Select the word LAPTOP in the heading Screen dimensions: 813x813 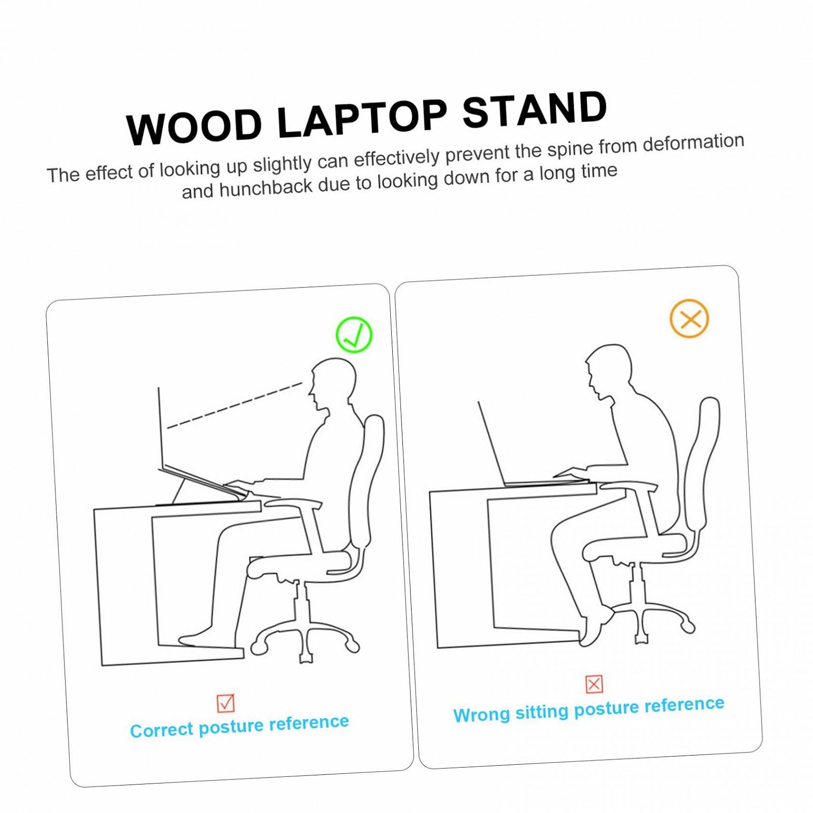coord(362,118)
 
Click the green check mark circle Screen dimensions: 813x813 coord(354,335)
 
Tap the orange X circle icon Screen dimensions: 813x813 coord(689,319)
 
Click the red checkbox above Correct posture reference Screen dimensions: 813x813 coord(226,703)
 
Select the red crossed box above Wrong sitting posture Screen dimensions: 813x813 coord(594,684)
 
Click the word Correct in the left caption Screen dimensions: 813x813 coord(162,730)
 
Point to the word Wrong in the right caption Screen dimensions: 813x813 coord(481,714)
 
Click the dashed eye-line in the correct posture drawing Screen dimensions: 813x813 coord(235,405)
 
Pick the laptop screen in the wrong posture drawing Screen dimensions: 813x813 coord(490,442)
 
